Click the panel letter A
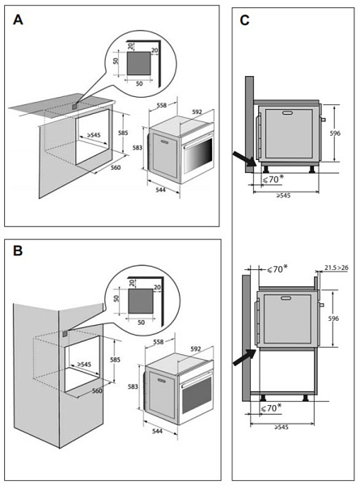click(18, 19)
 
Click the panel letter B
click(18, 251)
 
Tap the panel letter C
click(244, 20)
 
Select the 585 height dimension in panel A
click(123, 133)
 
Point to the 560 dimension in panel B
click(97, 391)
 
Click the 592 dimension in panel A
click(197, 112)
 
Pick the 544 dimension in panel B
click(157, 431)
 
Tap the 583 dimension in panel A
click(138, 148)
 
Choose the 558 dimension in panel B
click(159, 342)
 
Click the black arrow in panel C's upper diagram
click(244, 158)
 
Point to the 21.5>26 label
click(337, 268)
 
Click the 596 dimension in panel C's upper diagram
click(335, 133)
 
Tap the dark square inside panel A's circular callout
click(138, 63)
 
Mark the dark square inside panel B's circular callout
click(141, 301)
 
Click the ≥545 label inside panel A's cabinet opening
click(94, 135)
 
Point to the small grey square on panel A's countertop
click(74, 106)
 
